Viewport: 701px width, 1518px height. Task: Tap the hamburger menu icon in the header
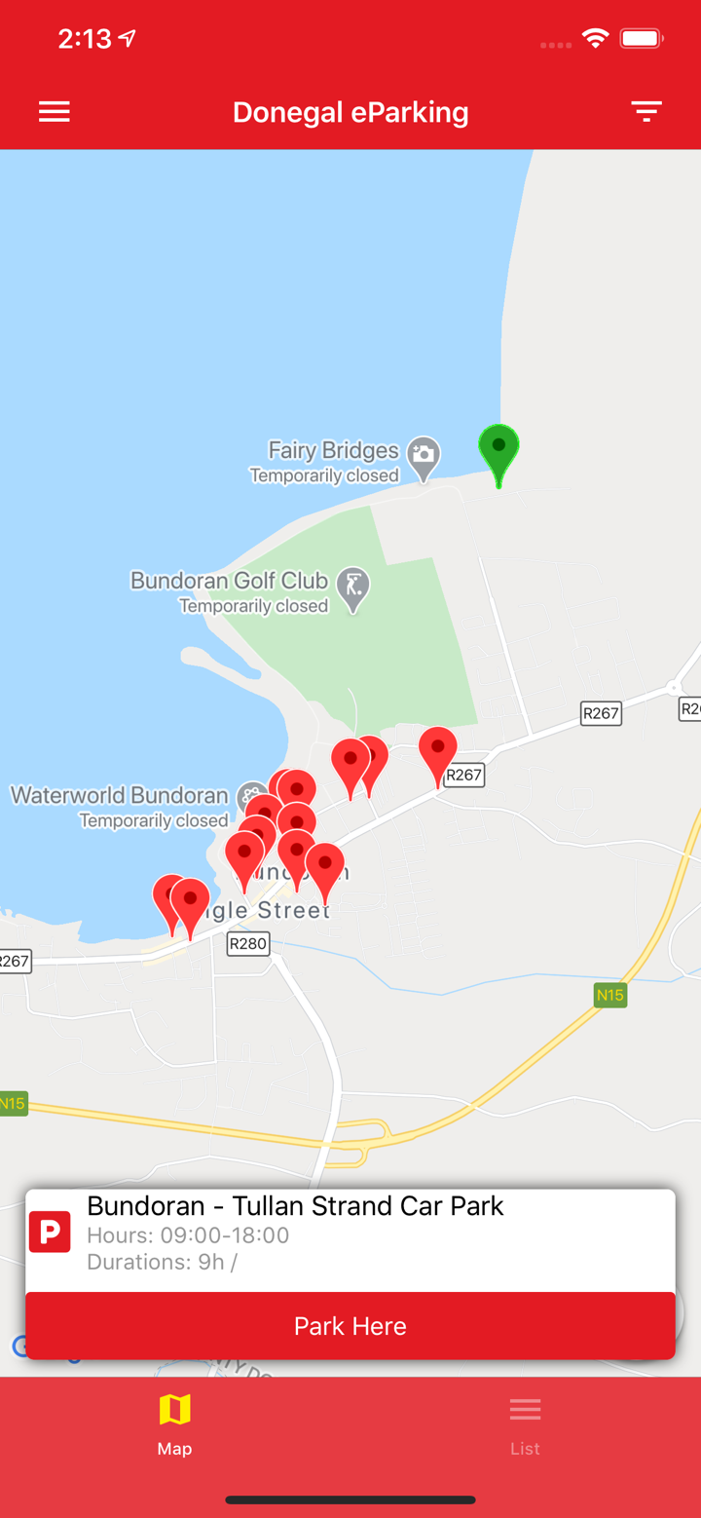55,112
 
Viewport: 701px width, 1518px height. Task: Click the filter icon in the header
646,111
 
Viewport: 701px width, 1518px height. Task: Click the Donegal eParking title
350,112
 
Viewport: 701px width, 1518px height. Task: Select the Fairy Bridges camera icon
424,455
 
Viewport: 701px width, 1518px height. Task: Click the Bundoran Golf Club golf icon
352,587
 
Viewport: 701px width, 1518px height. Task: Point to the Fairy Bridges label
333,450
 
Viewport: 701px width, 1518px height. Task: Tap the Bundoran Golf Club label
229,581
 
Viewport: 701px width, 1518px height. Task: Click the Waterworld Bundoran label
119,795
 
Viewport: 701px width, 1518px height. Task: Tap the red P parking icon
50,1232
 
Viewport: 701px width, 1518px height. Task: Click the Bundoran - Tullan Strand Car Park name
295,1205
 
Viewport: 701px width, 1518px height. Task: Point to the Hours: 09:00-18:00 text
188,1235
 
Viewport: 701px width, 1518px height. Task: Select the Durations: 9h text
162,1262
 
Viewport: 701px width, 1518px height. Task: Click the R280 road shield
247,943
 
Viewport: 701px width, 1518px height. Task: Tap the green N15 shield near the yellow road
609,995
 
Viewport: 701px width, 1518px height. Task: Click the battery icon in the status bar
642,39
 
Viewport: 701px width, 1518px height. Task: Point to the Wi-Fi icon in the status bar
595,39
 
